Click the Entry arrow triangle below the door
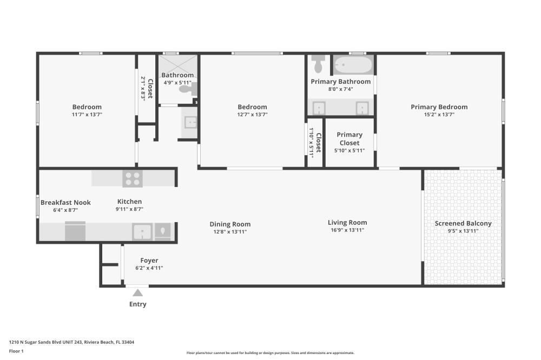pos(138,293)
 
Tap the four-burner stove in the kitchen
pos(133,178)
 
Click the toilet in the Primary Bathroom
pos(318,64)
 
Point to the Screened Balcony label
pos(463,223)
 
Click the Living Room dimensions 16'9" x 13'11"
pos(347,230)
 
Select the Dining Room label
pos(230,224)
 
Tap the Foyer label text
pos(149,261)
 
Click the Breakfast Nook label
pos(65,202)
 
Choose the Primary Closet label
pos(349,139)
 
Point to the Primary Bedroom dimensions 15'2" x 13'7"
pos(439,115)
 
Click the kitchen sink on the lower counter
pos(142,231)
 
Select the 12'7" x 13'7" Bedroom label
pos(252,107)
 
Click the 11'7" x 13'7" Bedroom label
pos(87,107)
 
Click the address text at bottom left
pos(71,342)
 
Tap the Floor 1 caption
pos(16,351)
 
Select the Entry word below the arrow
pos(138,304)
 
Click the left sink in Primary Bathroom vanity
pos(319,108)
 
